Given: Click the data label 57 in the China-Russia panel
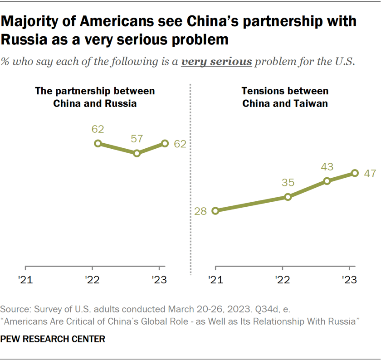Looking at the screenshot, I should (137, 138).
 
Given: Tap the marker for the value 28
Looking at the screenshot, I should (215, 211).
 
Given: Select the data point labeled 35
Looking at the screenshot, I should (288, 197).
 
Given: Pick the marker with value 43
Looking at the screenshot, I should (327, 181).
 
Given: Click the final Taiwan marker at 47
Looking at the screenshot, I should (355, 173).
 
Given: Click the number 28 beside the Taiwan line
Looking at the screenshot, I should (200, 211).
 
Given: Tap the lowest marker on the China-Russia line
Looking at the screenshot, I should (137, 153).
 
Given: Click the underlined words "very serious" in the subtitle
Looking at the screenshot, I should (216, 62).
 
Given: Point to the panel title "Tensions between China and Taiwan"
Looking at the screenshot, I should (285, 97).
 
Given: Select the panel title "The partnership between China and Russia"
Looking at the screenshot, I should (95, 97).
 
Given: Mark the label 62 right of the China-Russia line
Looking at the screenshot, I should (180, 144).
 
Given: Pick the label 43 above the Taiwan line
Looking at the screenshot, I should (327, 166).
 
